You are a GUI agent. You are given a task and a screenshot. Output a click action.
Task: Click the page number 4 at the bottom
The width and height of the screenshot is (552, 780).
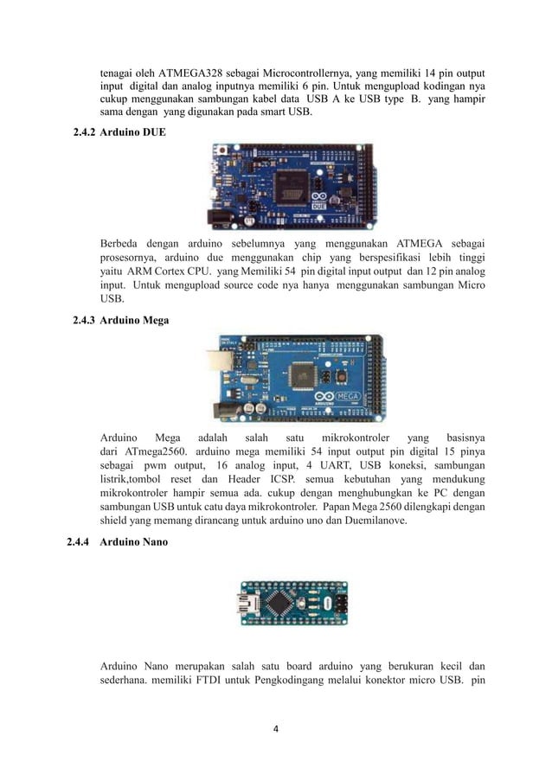tap(276, 728)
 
